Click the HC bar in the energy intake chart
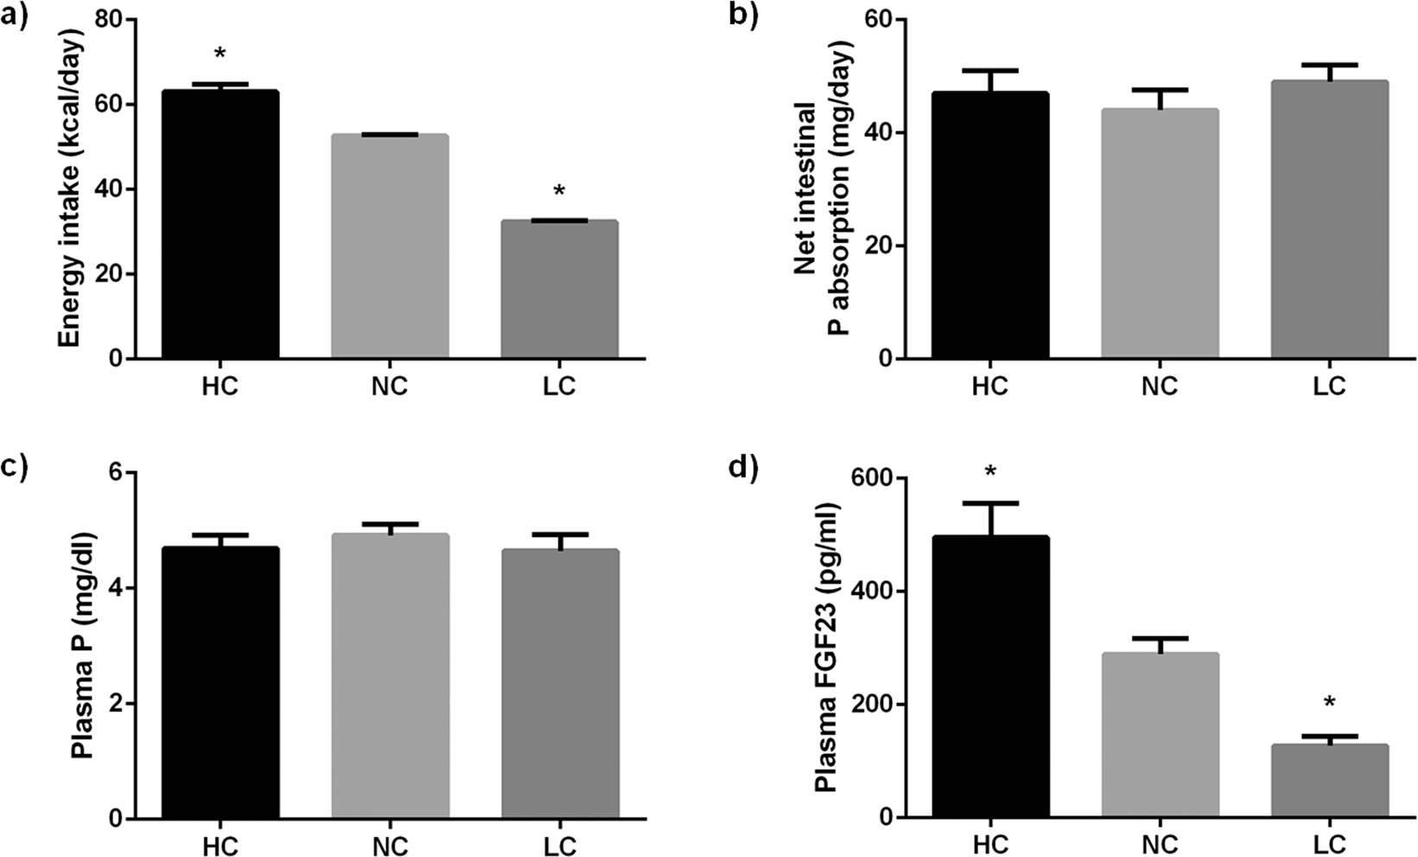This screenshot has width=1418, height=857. click(x=219, y=225)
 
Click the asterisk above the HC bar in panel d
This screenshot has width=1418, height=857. click(x=990, y=472)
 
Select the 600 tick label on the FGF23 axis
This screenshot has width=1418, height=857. click(x=874, y=478)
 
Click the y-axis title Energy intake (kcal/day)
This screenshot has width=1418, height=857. click(x=73, y=189)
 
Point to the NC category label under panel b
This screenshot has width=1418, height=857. click(x=1160, y=386)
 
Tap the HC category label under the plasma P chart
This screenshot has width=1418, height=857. click(x=219, y=845)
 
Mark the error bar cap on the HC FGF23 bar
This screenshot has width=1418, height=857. click(x=990, y=503)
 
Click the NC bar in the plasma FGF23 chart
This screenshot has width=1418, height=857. click(x=1160, y=735)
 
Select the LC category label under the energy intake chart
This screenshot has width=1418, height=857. click(x=559, y=386)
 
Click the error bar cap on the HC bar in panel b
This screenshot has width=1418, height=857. click(x=990, y=70)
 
